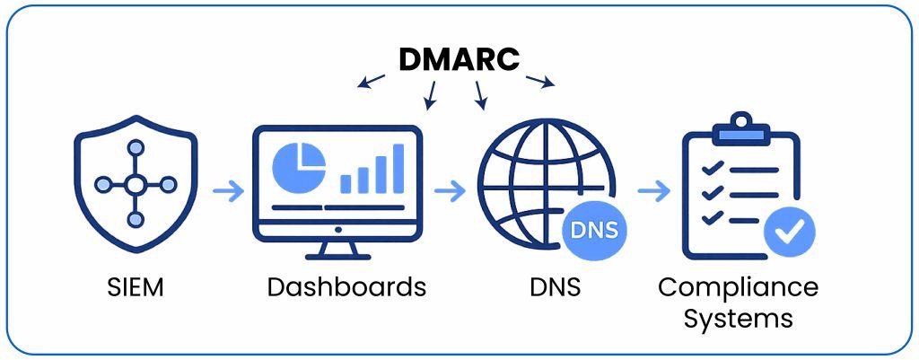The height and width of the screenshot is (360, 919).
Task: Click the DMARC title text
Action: (459, 59)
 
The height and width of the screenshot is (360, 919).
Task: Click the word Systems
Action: (738, 318)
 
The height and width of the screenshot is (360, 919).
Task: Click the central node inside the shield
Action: (135, 186)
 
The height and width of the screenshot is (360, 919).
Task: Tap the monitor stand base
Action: (337, 254)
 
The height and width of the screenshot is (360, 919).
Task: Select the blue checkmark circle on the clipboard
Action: (790, 233)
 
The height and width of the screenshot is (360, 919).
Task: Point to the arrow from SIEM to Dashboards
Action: (228, 190)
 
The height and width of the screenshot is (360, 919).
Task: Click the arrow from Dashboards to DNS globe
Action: (450, 190)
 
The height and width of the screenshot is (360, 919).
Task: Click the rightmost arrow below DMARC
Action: (541, 82)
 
